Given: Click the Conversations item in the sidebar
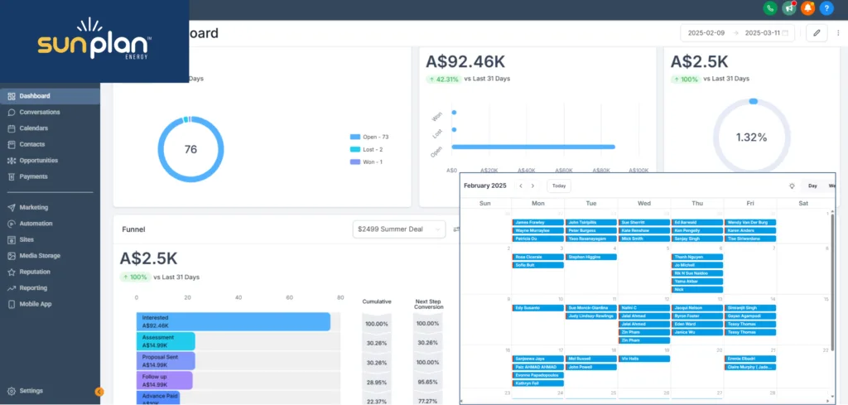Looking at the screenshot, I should point(39,112).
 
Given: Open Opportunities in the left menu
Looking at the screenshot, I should point(38,160).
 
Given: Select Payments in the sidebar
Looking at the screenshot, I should point(33,176).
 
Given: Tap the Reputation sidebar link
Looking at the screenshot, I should point(35,272).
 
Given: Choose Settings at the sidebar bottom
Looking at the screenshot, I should point(31,391).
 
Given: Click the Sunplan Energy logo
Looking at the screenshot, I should point(94,41).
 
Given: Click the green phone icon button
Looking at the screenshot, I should point(771,8).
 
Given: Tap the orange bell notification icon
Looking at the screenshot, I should point(807,8).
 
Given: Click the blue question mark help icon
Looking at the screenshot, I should point(826,8).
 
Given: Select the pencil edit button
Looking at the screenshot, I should point(817,33).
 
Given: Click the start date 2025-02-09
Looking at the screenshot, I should point(706,33).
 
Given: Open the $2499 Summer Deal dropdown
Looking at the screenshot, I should point(400,229).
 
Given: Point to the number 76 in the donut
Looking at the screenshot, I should point(190,149).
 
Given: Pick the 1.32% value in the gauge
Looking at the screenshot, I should point(752,137).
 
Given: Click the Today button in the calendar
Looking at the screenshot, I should point(559,186).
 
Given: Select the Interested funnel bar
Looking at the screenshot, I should point(233,321).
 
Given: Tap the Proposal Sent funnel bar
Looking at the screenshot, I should point(166,360).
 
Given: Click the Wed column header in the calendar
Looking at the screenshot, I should point(644,203).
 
